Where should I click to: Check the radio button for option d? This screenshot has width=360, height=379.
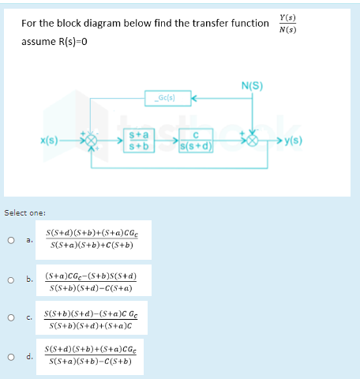[x=10, y=356]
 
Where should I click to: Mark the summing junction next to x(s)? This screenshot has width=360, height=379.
[x=93, y=142]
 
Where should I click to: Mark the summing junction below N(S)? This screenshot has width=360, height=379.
[x=253, y=142]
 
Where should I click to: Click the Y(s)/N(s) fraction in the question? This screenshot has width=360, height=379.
[x=288, y=23]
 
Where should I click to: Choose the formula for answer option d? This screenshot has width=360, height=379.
[x=92, y=356]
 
